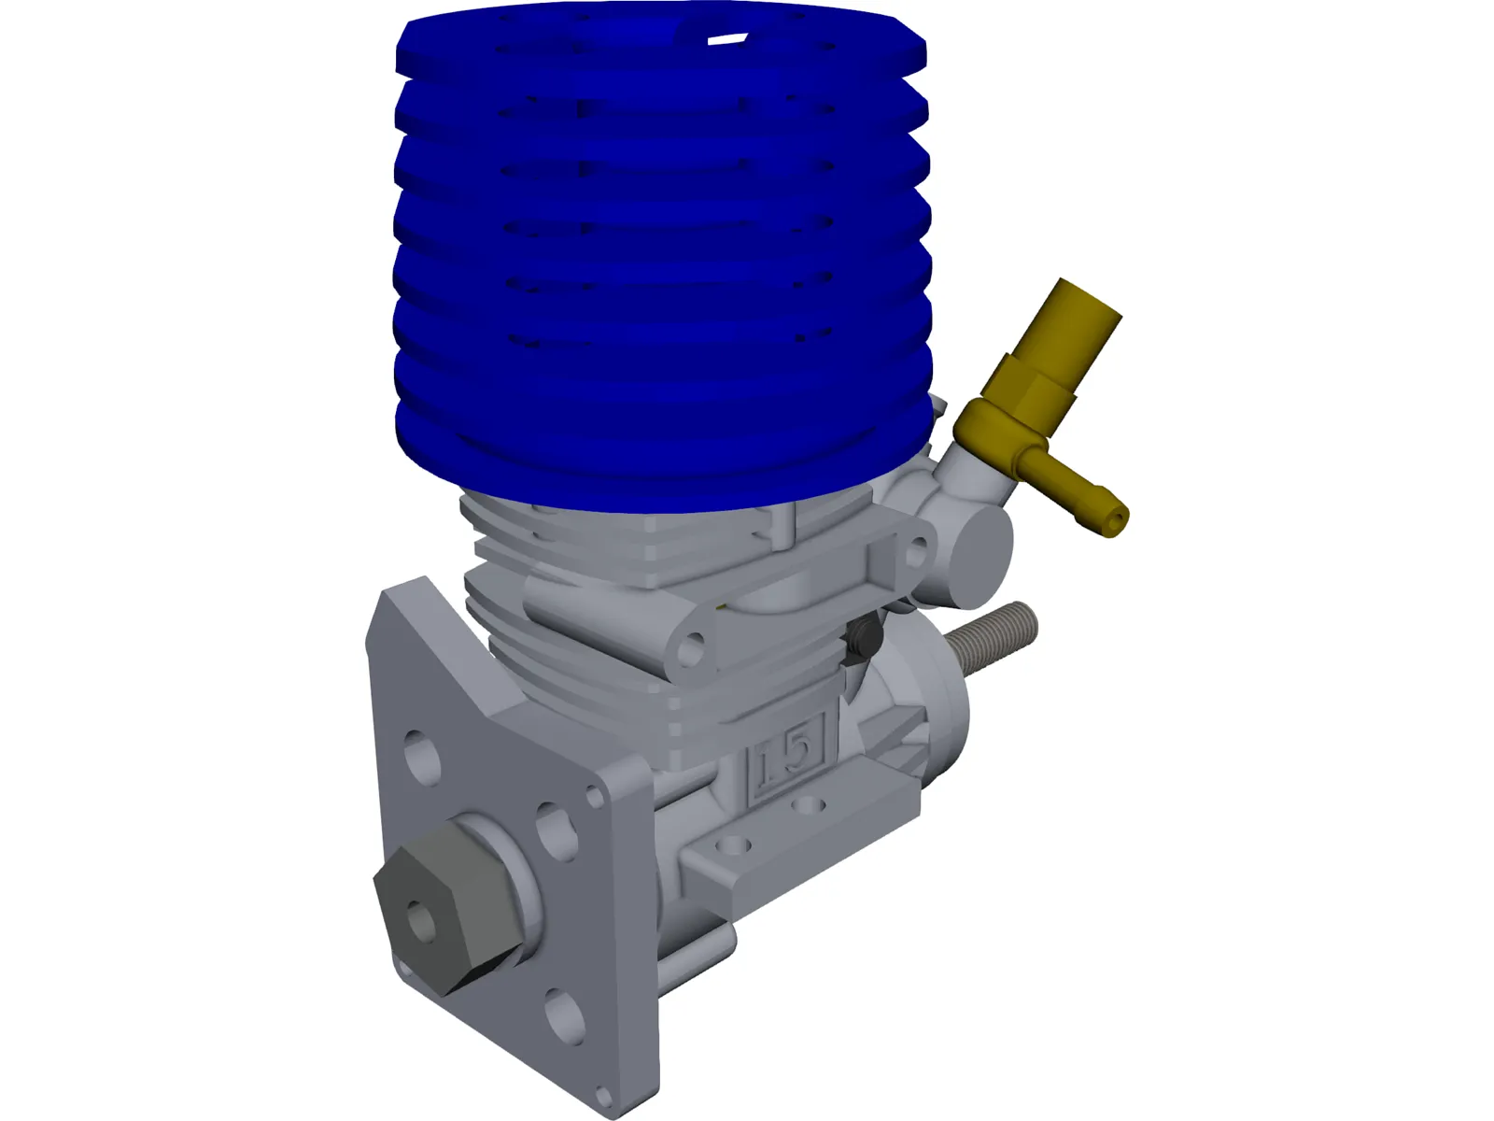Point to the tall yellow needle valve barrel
[1074, 322]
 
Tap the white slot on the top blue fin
[727, 40]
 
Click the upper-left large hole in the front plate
[422, 755]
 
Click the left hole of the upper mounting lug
[692, 645]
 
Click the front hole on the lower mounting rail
[738, 846]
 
